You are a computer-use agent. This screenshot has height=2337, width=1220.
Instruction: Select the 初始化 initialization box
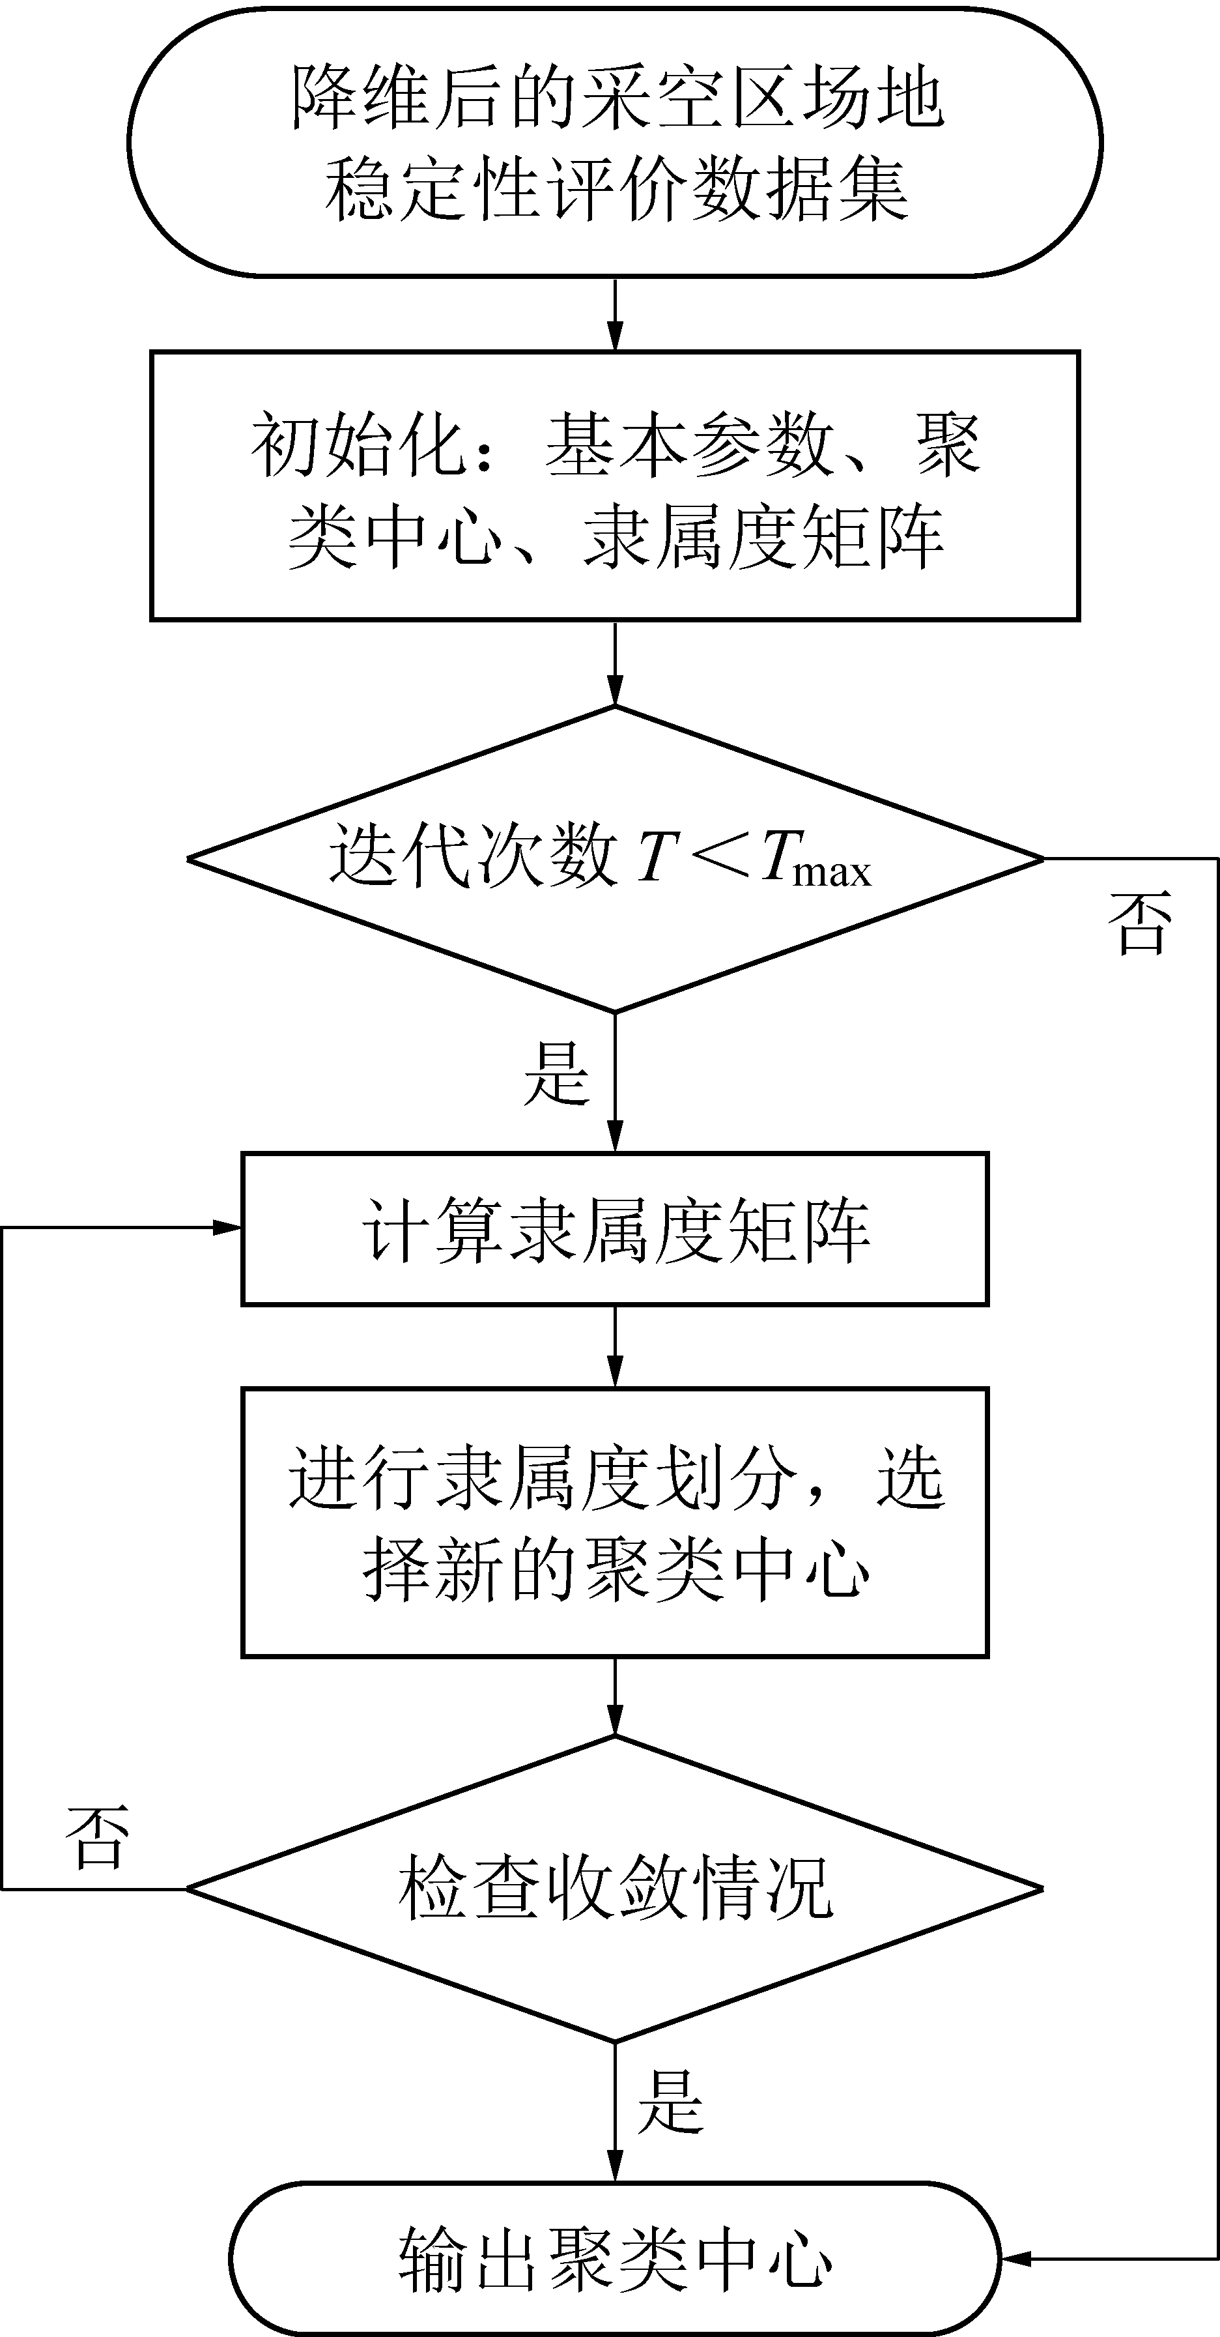615,486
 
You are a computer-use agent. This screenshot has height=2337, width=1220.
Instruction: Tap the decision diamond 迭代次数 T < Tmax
615,858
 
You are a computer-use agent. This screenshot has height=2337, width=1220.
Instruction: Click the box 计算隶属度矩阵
615,1229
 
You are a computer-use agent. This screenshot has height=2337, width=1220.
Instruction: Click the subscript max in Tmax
832,872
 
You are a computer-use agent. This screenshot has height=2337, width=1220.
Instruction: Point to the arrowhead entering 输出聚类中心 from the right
1016,2259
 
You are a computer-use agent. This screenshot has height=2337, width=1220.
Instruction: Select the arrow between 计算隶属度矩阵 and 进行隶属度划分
615,1346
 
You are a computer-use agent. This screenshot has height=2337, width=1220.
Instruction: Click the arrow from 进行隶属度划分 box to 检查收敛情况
615,1696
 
